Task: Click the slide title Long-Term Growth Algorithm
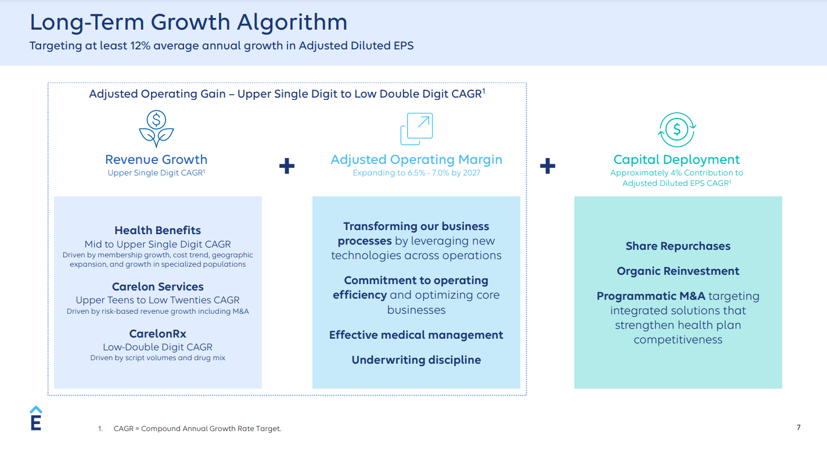pos(188,23)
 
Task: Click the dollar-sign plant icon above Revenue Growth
pos(156,129)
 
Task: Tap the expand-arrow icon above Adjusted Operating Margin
pos(416,129)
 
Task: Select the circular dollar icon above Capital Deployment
pos(677,129)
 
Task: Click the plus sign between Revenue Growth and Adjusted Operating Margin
pos(287,166)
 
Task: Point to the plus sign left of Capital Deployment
pos(547,166)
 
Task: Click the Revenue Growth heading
pos(156,160)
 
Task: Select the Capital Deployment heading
pos(677,160)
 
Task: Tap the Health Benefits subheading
pos(157,231)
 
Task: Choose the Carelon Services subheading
pos(157,287)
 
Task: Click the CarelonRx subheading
pos(157,334)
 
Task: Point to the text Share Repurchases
pos(678,246)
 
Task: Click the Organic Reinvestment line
pos(678,271)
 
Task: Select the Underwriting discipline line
pos(416,360)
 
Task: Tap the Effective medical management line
pos(416,335)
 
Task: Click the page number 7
pos(798,428)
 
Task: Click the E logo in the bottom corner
pos(35,418)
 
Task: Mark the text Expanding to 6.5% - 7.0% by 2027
pos(416,173)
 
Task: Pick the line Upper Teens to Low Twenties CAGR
pos(157,300)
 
